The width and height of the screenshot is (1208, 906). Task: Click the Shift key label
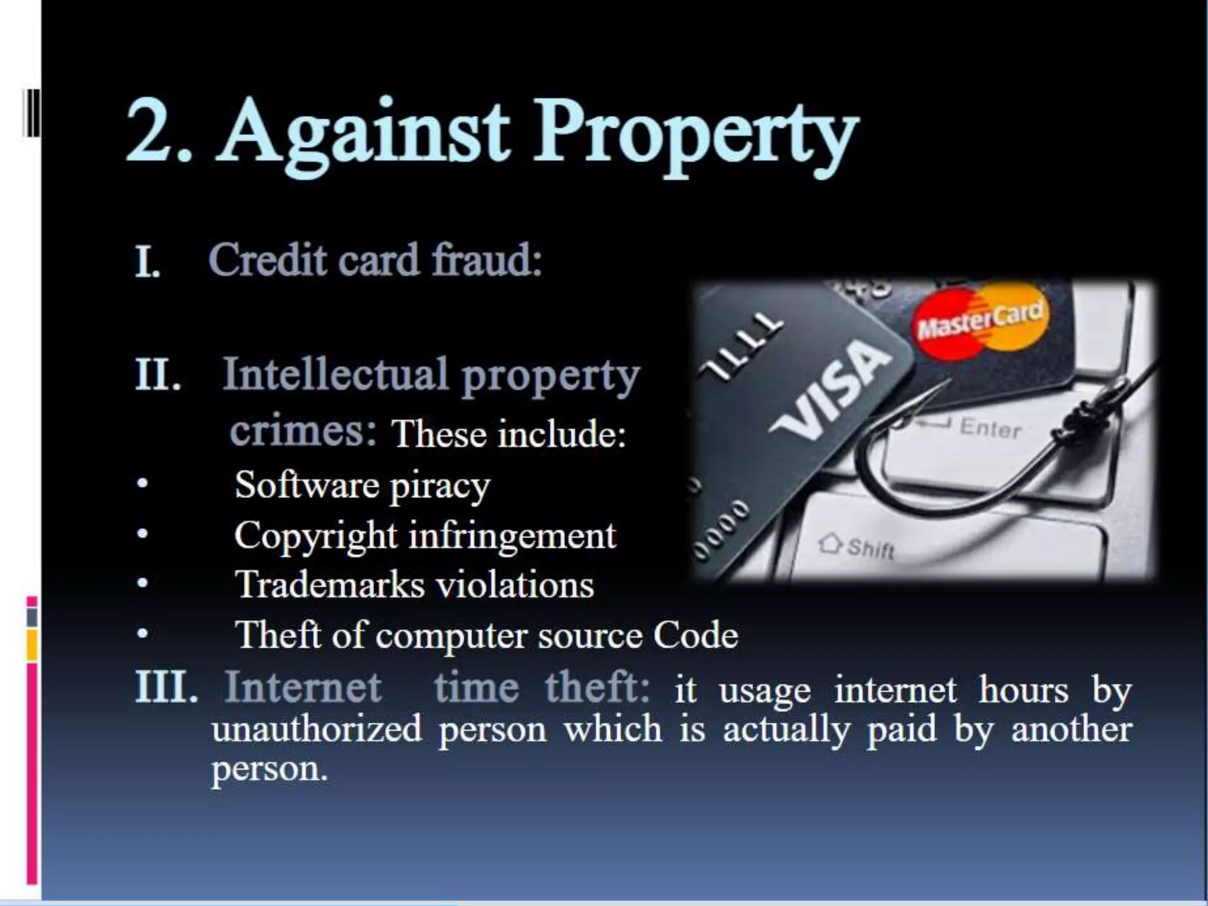pos(869,549)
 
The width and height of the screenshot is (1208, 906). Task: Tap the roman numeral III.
pos(166,687)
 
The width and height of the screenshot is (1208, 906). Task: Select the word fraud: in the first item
pos(487,260)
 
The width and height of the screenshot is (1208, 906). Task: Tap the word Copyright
pos(316,537)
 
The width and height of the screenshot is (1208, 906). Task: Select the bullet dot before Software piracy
pos(141,484)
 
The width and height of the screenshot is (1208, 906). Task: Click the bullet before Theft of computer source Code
pos(141,635)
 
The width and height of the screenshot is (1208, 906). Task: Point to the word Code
pos(695,636)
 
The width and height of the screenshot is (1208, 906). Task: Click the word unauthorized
pos(317,730)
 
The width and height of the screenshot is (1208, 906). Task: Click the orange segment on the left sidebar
pos(32,645)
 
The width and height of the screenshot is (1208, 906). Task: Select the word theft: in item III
pos(596,687)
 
